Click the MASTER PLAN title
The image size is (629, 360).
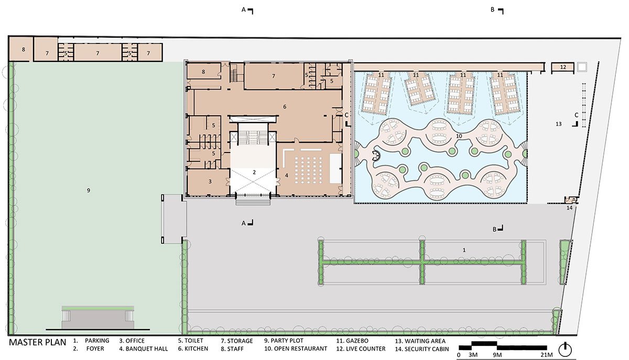point(38,342)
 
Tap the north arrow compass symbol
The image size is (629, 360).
point(565,350)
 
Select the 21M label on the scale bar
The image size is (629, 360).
point(546,355)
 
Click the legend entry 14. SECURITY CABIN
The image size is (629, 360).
point(422,349)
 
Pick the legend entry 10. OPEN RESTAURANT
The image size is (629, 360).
point(296,348)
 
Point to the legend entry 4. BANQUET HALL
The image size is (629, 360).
point(144,349)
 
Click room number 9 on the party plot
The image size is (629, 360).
point(89,190)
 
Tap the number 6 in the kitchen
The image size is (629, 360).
point(285,107)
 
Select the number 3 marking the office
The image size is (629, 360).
point(210,182)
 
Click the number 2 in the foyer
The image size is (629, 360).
point(254,172)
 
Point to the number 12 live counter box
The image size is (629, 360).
point(563,67)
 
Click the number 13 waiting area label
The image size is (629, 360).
point(559,124)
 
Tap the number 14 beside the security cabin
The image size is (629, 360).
point(569,208)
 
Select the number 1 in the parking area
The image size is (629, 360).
point(464,250)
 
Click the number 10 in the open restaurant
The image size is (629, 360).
point(459,136)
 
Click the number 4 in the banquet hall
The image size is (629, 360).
point(286,176)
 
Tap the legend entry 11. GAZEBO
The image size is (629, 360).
point(352,341)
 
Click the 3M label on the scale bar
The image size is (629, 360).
point(473,355)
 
